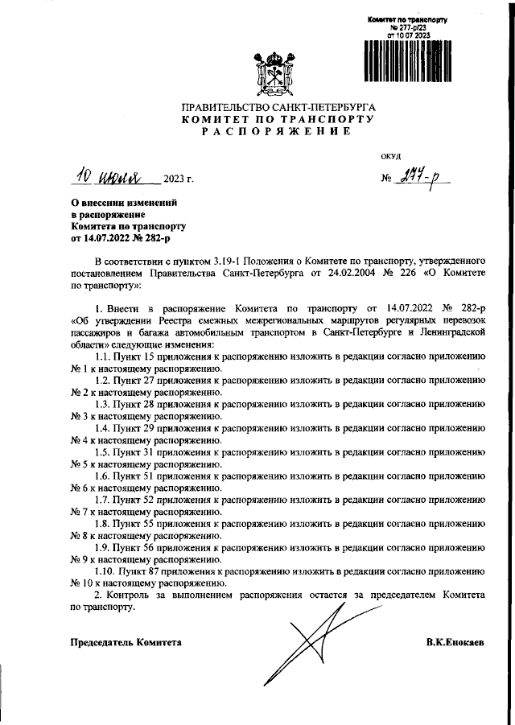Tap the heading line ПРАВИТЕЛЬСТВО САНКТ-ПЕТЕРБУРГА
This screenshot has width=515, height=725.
pyautogui.click(x=278, y=107)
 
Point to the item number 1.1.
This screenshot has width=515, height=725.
pyautogui.click(x=104, y=354)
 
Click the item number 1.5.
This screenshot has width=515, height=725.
pyautogui.click(x=104, y=452)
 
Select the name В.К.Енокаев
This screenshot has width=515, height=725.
pyautogui.click(x=455, y=643)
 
